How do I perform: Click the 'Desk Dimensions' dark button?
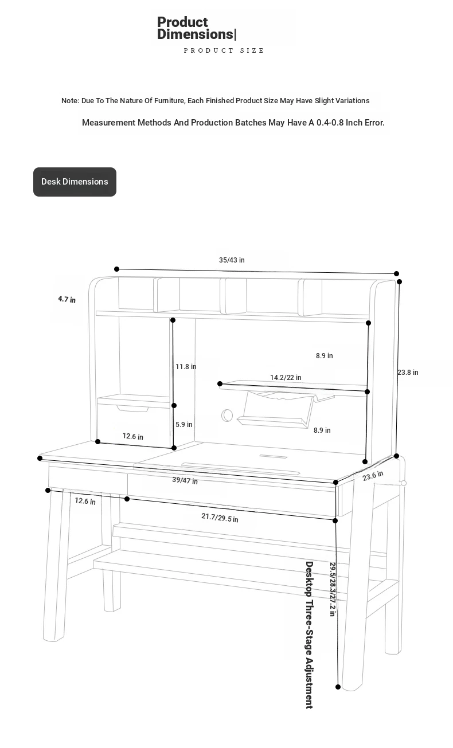click(x=75, y=182)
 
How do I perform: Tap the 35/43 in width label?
click(x=232, y=260)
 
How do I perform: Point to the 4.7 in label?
click(x=67, y=299)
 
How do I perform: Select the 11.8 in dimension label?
click(x=186, y=367)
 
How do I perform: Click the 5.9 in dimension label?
click(x=184, y=424)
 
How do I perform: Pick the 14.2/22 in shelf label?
click(x=286, y=377)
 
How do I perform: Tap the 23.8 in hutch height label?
click(x=408, y=373)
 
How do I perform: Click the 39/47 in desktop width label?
click(x=185, y=480)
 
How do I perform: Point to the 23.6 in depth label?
click(x=373, y=476)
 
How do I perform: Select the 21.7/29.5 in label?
click(x=220, y=518)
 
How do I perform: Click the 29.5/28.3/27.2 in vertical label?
click(x=333, y=589)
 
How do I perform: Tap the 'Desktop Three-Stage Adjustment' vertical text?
click(x=309, y=635)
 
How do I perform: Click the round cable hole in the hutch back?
click(x=227, y=416)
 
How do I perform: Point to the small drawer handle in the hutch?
click(x=132, y=409)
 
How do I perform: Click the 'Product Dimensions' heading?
click(x=197, y=28)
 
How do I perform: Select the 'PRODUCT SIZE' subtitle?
click(x=224, y=50)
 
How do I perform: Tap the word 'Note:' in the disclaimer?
click(x=70, y=100)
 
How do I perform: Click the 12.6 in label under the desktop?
click(x=85, y=501)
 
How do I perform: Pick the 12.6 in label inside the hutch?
click(x=132, y=436)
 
